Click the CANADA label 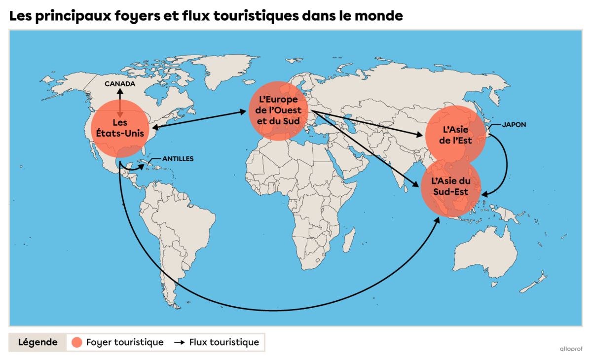pos(120,84)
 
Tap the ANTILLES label pos(178,159)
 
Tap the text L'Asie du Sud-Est pos(451,187)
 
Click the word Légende pos(38,342)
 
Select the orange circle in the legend pos(76,342)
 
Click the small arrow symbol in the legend pos(179,342)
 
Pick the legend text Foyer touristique pos(124,342)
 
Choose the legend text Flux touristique pos(224,342)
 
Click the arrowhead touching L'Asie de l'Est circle pos(420,135)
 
